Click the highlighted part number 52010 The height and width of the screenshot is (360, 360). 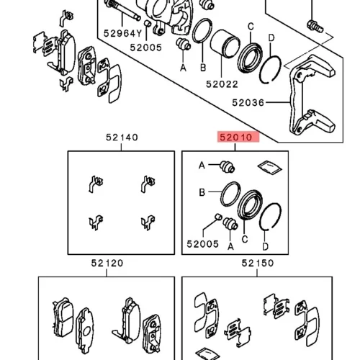click(235, 138)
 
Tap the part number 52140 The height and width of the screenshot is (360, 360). click(122, 138)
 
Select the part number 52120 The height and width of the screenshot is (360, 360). click(107, 263)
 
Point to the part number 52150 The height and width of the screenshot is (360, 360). click(258, 263)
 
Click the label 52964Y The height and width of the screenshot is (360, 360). click(123, 33)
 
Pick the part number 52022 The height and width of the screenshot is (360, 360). click(222, 84)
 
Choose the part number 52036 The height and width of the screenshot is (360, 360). click(248, 103)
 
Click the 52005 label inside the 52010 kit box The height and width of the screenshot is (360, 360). click(203, 244)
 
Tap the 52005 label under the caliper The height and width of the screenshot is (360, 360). click(146, 48)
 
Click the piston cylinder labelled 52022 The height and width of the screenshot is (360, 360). click(225, 44)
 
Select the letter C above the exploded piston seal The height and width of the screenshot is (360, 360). click(251, 26)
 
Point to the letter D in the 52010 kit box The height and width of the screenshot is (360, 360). click(265, 246)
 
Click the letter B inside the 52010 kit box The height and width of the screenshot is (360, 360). click(202, 192)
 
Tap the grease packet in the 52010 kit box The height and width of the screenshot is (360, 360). click(269, 167)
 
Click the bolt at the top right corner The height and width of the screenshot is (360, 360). click(315, 26)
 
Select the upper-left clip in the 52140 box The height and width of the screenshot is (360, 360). click(96, 184)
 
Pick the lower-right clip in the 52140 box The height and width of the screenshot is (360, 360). click(148, 222)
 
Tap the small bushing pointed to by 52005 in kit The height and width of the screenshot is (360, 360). click(218, 216)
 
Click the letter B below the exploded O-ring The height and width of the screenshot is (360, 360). click(203, 68)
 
